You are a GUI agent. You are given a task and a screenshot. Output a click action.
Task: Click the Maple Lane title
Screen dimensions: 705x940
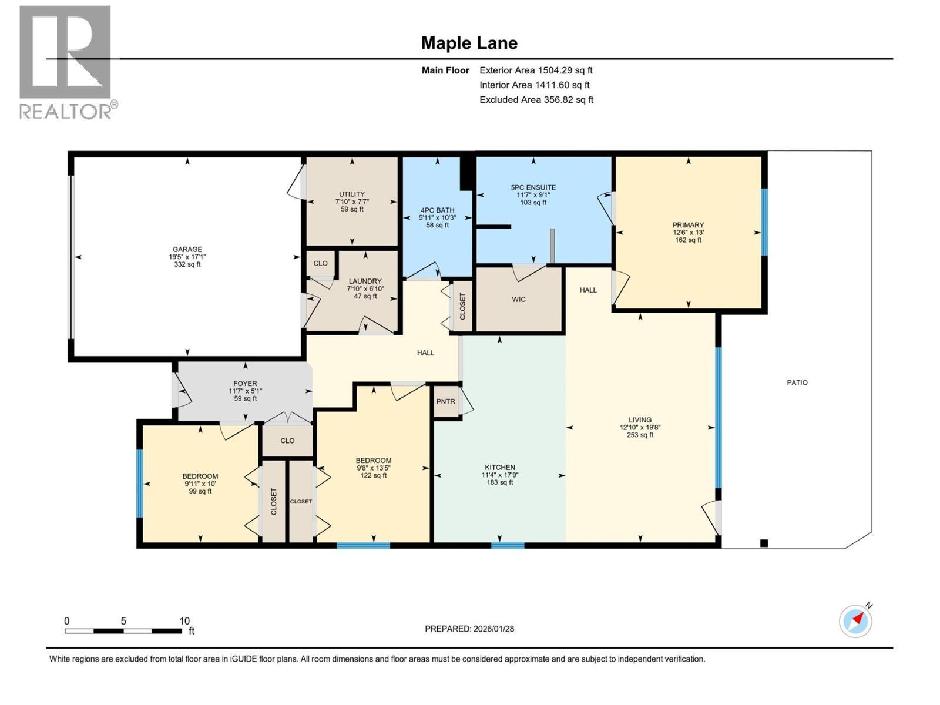(469, 43)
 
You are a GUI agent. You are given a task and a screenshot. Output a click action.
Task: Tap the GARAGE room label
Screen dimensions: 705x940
(187, 250)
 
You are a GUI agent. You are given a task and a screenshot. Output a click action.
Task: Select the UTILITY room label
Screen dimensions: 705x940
(351, 194)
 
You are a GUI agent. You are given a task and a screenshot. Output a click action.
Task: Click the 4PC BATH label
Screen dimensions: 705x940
(437, 210)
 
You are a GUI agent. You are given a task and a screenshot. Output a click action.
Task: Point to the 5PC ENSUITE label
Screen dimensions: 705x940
(533, 188)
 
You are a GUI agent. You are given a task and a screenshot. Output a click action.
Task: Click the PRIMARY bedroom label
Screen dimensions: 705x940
(688, 225)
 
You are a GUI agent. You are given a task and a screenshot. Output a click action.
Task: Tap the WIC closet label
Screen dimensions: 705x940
(518, 300)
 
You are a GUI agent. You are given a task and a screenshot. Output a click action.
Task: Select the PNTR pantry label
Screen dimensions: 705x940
(445, 401)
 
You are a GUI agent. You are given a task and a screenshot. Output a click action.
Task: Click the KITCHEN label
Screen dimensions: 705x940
(499, 468)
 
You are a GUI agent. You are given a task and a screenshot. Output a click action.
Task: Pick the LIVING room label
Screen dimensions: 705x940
(640, 420)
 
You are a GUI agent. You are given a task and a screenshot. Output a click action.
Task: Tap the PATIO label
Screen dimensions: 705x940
(797, 382)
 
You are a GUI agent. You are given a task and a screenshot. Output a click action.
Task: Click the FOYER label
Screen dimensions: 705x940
(245, 384)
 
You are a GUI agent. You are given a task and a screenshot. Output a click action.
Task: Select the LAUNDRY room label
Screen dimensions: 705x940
(365, 281)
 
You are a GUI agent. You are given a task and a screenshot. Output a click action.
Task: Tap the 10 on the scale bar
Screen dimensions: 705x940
(184, 621)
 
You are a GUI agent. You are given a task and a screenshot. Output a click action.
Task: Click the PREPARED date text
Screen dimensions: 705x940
(469, 629)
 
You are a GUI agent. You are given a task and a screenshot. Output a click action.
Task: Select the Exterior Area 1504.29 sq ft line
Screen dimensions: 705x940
(535, 70)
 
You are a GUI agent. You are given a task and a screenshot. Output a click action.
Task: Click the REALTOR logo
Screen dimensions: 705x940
(65, 62)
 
